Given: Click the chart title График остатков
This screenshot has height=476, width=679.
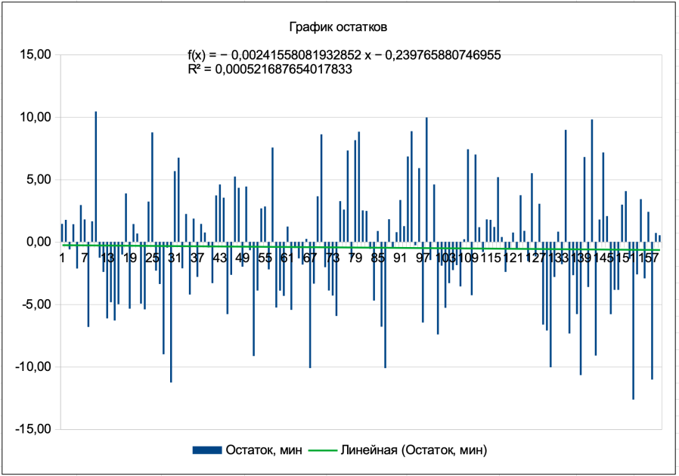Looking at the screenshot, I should (x=339, y=27).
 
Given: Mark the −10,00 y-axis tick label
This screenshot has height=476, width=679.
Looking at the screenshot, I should (x=33, y=367).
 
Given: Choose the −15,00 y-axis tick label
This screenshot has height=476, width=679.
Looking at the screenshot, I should (x=33, y=429).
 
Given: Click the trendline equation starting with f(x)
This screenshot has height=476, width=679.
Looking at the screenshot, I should (x=344, y=55).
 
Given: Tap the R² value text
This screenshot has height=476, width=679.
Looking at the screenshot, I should (x=269, y=69).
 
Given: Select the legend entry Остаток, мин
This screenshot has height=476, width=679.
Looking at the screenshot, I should (x=264, y=450).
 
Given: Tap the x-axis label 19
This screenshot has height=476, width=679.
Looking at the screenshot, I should (x=130, y=258).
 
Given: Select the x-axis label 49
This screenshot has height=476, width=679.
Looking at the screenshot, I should (x=242, y=258).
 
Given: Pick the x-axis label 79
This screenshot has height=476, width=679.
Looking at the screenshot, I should (x=355, y=258).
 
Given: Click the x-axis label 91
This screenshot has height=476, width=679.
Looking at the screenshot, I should (x=400, y=258).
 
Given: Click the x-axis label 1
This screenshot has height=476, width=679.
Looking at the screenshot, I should (x=62, y=258).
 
